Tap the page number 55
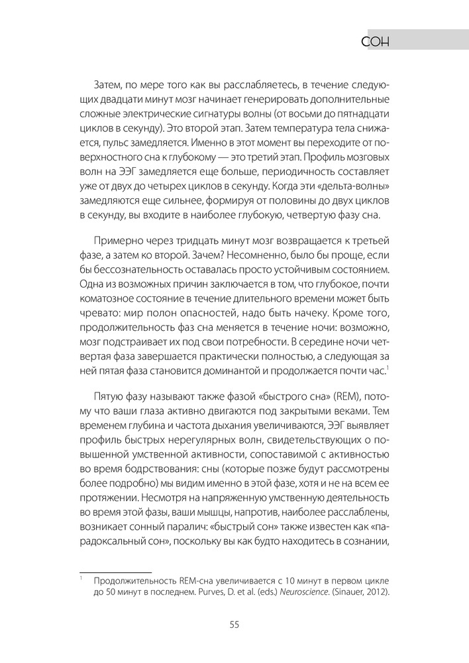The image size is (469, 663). [234, 625]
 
